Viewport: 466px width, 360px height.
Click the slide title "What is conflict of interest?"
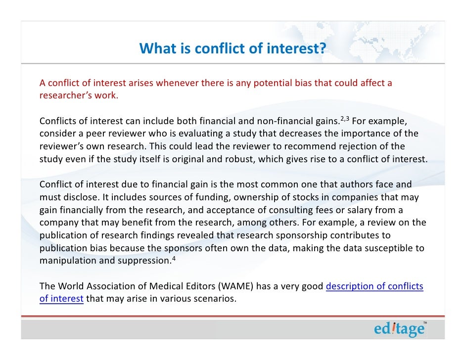[233, 48]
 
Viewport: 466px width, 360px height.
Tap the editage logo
[399, 329]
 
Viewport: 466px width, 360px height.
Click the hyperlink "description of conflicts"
[374, 287]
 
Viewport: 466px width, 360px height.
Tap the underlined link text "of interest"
[61, 299]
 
